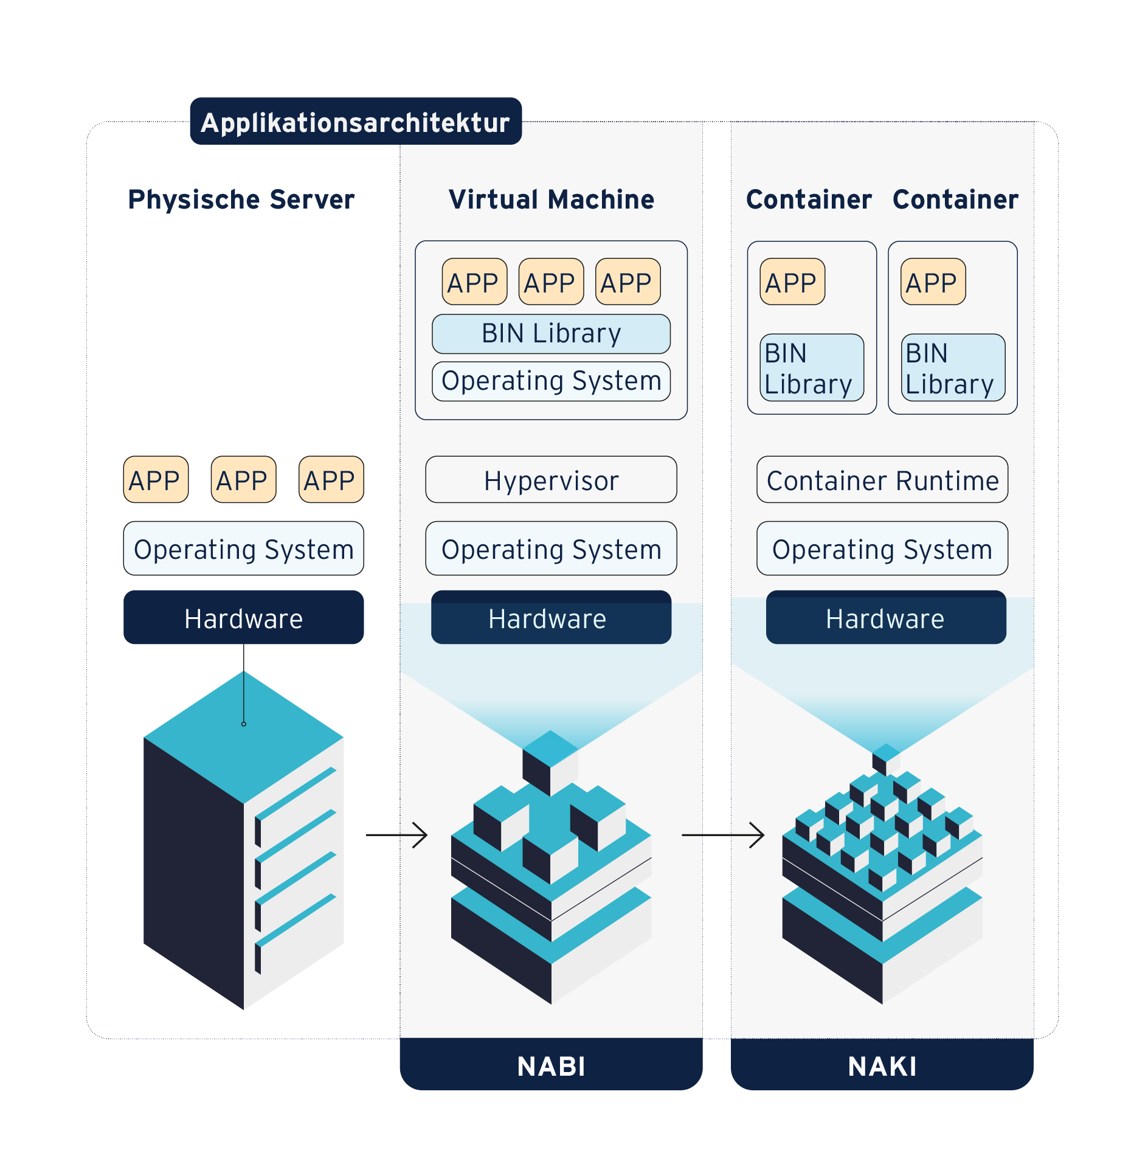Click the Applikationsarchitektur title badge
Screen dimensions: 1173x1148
point(356,122)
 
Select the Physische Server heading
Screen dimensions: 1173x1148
point(241,199)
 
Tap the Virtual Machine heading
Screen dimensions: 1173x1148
point(551,199)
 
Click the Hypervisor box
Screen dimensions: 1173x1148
point(551,480)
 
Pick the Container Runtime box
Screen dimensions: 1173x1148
point(882,480)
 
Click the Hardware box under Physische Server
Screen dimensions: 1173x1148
point(243,618)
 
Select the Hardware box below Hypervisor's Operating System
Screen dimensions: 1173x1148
point(551,618)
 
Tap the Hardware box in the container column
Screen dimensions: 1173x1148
point(885,618)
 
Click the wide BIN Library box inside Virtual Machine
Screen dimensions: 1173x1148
point(551,334)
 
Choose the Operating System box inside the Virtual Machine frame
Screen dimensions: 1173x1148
point(551,381)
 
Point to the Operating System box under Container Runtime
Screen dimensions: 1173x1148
point(882,548)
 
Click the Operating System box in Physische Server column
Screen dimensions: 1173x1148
point(243,548)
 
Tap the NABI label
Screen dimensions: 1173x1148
point(551,1066)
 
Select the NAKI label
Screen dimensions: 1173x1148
point(882,1066)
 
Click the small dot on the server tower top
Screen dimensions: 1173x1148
point(244,724)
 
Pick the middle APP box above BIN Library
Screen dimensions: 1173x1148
point(551,282)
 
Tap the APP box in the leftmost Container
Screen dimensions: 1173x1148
point(792,282)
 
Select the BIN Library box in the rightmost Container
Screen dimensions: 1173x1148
point(952,368)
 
